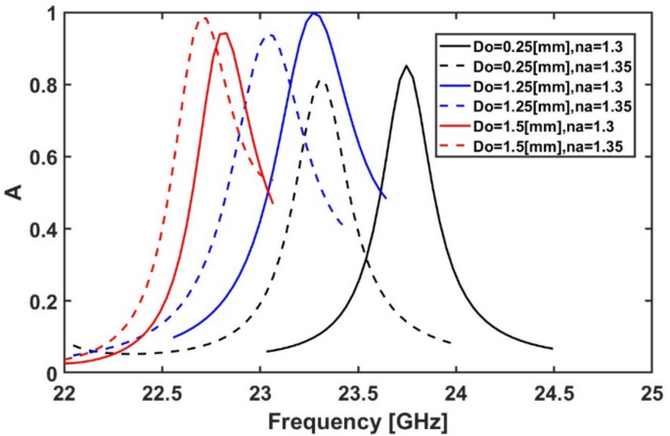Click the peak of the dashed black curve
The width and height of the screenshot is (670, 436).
tap(321, 81)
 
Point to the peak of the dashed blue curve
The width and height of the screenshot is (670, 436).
tap(269, 35)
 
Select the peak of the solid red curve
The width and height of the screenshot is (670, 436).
tap(224, 33)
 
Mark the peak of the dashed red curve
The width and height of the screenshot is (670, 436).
tap(203, 18)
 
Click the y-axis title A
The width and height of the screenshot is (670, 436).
tap(14, 193)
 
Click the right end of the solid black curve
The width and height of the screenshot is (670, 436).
tap(553, 349)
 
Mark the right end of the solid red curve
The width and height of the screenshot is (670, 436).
tap(273, 202)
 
